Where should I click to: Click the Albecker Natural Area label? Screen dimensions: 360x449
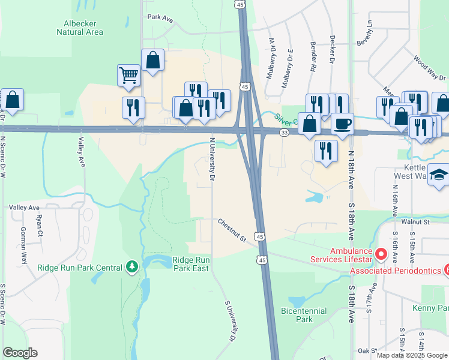point(80,28)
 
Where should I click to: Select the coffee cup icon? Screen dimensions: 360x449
point(343,124)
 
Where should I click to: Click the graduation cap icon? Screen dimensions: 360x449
point(440,175)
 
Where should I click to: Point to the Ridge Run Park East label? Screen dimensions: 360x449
point(191,264)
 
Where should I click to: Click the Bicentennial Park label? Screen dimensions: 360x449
point(304,315)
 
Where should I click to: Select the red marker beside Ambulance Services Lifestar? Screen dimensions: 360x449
point(379,255)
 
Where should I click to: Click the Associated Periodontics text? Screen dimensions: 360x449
point(397,271)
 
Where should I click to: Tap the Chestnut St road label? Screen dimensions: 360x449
point(232,230)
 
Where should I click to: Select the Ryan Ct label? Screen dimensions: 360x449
point(40,224)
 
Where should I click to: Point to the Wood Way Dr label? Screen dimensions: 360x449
point(429,69)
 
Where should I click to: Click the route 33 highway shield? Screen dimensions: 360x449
point(284,132)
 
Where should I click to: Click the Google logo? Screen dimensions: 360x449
point(20,353)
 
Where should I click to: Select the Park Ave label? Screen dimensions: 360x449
point(160,19)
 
